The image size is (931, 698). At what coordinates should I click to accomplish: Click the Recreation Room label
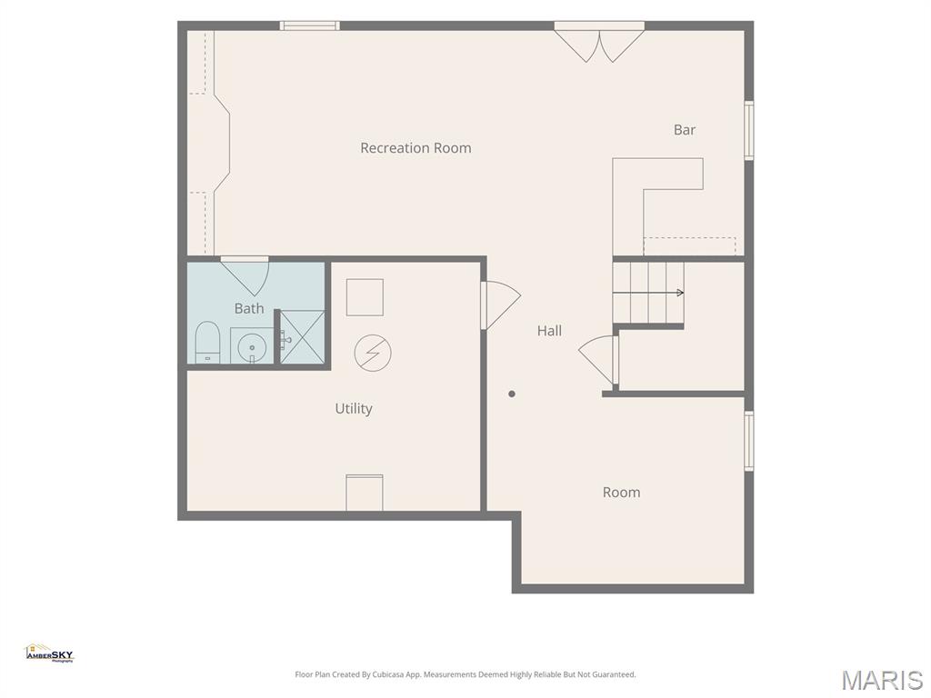[x=415, y=148]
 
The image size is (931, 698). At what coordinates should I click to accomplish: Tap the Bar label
[x=685, y=129]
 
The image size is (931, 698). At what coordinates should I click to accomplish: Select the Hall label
[x=549, y=331]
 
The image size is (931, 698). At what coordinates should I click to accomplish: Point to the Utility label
[x=354, y=408]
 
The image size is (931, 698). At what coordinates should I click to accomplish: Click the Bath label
[x=249, y=308]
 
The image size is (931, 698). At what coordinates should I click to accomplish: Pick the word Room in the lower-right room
[x=621, y=492]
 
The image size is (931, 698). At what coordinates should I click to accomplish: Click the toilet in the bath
[x=207, y=342]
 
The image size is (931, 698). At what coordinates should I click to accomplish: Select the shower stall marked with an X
[x=302, y=336]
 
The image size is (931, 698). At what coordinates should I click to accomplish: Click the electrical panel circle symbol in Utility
[x=373, y=354]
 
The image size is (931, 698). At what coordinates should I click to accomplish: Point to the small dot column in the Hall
[x=512, y=394]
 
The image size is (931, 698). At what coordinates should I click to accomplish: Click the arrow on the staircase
[x=648, y=293]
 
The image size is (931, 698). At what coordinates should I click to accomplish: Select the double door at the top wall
[x=599, y=43]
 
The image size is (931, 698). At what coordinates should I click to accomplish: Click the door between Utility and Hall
[x=501, y=304]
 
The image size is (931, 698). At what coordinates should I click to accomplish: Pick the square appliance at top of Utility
[x=365, y=297]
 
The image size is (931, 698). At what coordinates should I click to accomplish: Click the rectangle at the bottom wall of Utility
[x=365, y=492]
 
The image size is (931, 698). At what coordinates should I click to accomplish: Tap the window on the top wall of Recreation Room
[x=310, y=25]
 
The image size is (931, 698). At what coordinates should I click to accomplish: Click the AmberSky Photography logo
[x=49, y=653]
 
